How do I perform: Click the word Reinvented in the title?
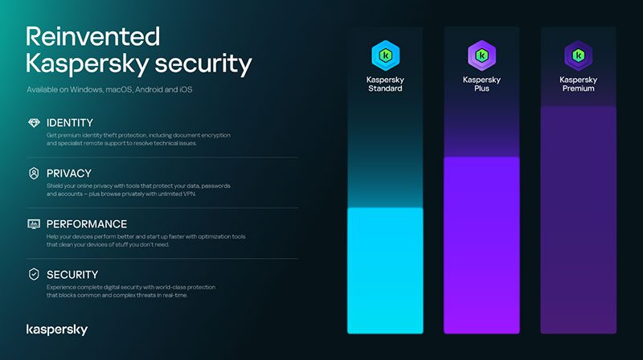click(x=93, y=36)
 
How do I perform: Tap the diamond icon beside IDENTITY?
click(x=34, y=122)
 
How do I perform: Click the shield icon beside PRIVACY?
click(x=34, y=173)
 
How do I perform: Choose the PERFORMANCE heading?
click(x=87, y=223)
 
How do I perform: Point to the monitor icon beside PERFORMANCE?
click(x=34, y=223)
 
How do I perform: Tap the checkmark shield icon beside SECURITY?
click(x=34, y=274)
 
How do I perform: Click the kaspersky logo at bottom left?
click(x=57, y=329)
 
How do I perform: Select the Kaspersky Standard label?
click(x=384, y=84)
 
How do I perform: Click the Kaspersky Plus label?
click(x=481, y=84)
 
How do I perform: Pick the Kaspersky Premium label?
click(x=578, y=84)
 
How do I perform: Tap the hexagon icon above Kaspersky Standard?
click(x=384, y=55)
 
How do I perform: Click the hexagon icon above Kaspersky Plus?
click(x=481, y=55)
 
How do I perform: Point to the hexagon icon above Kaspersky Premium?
click(x=578, y=55)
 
